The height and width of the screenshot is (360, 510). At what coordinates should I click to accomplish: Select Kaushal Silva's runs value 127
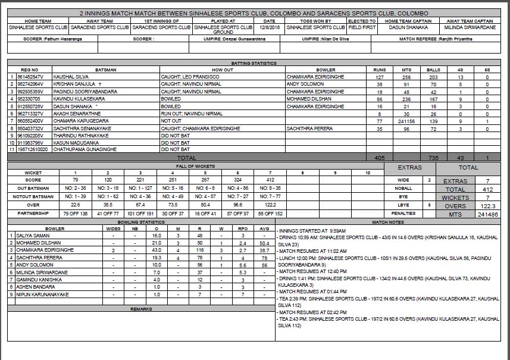[379, 77]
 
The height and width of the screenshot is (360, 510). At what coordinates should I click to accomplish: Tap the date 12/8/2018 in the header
[269, 27]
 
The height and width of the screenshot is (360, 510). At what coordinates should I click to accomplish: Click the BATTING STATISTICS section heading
[254, 63]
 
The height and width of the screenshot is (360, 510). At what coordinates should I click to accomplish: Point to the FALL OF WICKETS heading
[196, 166]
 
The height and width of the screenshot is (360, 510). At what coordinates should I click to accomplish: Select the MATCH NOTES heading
[387, 222]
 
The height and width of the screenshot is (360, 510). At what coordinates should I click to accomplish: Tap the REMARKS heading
[141, 309]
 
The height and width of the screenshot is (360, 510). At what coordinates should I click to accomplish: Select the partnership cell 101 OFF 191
[141, 213]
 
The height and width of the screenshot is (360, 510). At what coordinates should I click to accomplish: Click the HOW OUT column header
[222, 70]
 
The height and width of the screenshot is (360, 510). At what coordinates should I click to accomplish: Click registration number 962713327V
[30, 114]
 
